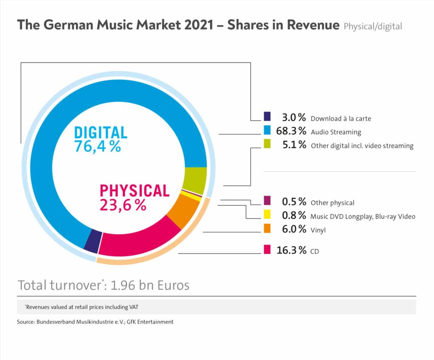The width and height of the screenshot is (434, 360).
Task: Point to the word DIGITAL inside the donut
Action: click(x=101, y=132)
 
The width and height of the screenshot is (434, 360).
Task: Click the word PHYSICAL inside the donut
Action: click(x=134, y=190)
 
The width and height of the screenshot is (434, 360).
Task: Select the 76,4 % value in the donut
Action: click(x=98, y=146)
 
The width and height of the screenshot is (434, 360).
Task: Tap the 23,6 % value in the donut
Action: click(x=123, y=205)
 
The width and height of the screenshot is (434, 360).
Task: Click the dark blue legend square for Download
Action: click(x=267, y=117)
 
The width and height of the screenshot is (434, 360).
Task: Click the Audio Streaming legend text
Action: click(x=336, y=132)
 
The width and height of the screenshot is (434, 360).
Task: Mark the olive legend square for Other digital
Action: click(x=267, y=145)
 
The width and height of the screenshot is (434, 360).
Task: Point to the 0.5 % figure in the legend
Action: click(x=294, y=202)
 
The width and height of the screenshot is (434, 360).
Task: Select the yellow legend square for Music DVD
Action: click(x=267, y=215)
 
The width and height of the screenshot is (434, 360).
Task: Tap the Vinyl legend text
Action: click(x=318, y=230)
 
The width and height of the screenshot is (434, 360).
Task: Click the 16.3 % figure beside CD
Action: click(x=291, y=250)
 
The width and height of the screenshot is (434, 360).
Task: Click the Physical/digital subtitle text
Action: click(x=373, y=26)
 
